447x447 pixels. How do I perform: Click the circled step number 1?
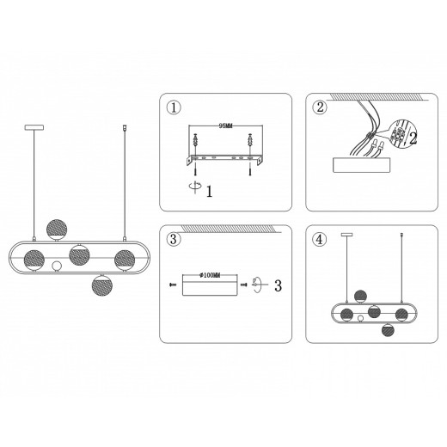(x=174, y=108)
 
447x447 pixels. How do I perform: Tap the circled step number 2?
(x=320, y=107)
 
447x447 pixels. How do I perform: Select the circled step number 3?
(x=174, y=240)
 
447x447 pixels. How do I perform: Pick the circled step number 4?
(x=319, y=240)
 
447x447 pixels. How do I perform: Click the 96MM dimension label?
(x=225, y=126)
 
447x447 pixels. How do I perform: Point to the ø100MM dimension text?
(x=210, y=276)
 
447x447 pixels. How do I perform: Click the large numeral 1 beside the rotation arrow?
(x=210, y=192)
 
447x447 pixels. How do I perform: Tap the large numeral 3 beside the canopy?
(x=278, y=285)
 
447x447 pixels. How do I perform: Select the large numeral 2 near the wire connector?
(x=413, y=139)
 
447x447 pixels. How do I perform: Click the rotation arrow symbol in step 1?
(x=195, y=187)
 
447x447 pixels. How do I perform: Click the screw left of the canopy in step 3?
(x=173, y=285)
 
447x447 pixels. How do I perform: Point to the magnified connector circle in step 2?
(x=399, y=133)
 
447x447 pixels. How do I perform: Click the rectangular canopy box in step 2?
(x=362, y=165)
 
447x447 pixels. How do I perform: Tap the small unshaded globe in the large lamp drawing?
(x=57, y=266)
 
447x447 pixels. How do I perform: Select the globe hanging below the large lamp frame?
(x=102, y=285)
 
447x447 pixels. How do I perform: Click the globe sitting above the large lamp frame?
(x=57, y=230)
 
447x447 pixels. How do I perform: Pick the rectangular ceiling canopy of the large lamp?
(x=34, y=127)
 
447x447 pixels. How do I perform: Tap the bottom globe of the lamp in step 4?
(x=388, y=330)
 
